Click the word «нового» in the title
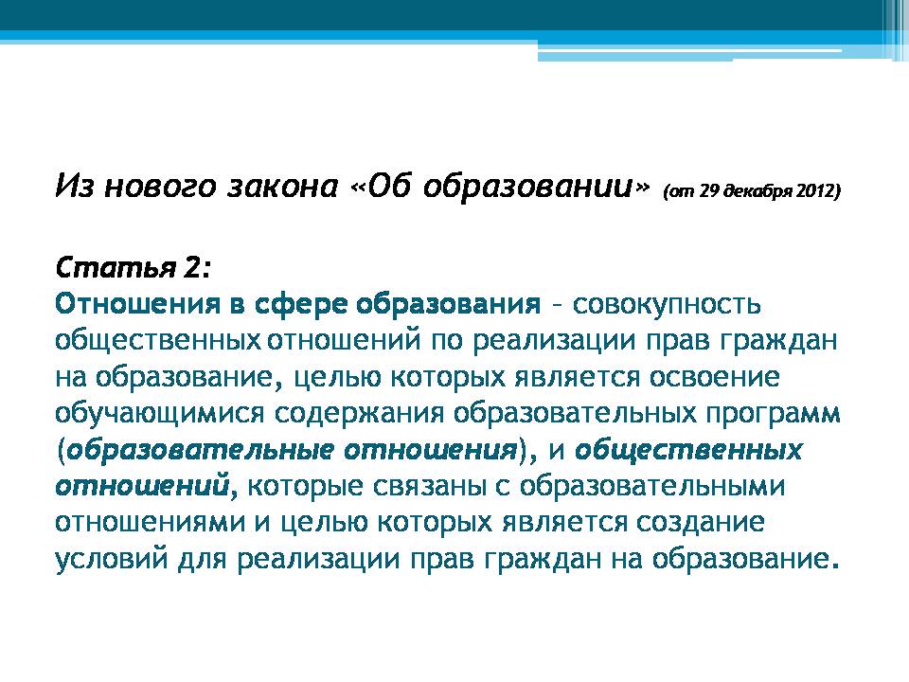pyautogui.click(x=159, y=188)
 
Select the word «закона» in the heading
pyautogui.click(x=282, y=187)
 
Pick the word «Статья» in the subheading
pyautogui.click(x=116, y=267)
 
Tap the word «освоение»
pyautogui.click(x=714, y=378)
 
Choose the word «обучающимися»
pyautogui.click(x=159, y=414)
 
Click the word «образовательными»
pyautogui.click(x=651, y=487)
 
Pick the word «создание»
pyautogui.click(x=700, y=522)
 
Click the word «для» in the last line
pyautogui.click(x=202, y=560)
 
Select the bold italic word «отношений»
pyautogui.click(x=143, y=487)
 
